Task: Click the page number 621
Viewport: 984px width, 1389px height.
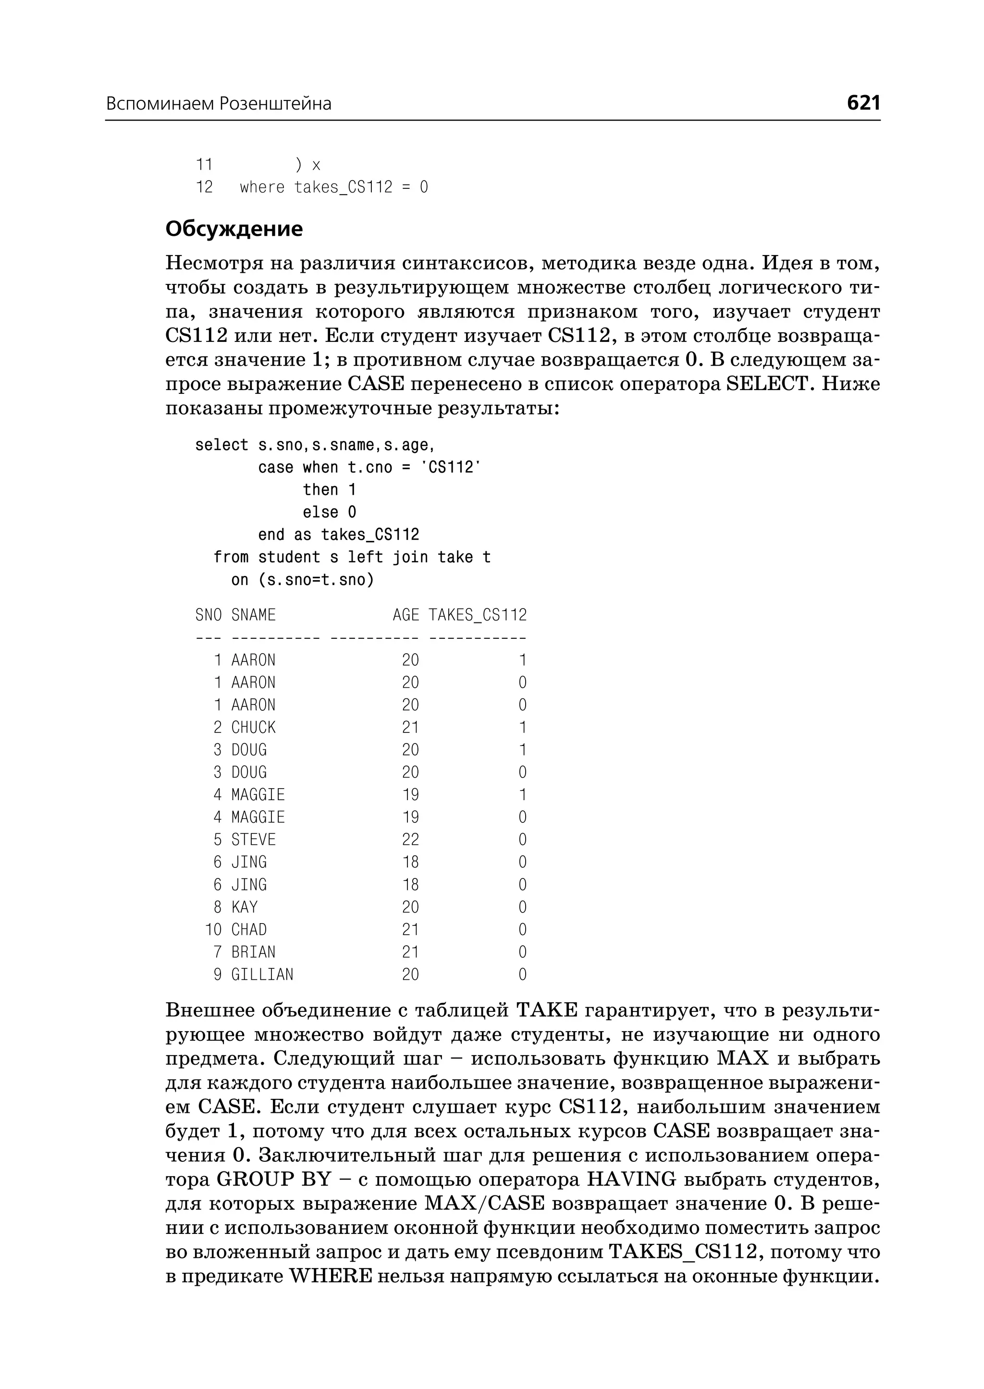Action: pyautogui.click(x=863, y=103)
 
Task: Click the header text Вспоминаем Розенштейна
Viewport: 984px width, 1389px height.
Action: pyautogui.click(x=219, y=104)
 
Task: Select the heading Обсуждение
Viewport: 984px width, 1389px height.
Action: pyautogui.click(x=234, y=229)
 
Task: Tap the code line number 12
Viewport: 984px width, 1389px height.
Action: pyautogui.click(x=204, y=187)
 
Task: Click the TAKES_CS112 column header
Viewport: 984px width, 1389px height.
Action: pyautogui.click(x=478, y=615)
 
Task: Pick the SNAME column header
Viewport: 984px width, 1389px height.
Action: pyautogui.click(x=253, y=615)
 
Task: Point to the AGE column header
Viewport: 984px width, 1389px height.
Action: pyautogui.click(x=406, y=615)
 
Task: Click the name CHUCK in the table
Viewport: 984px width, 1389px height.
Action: pyautogui.click(x=253, y=728)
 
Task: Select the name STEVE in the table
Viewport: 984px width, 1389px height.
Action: pyautogui.click(x=253, y=840)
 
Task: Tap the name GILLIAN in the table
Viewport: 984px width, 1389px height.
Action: pyautogui.click(x=262, y=975)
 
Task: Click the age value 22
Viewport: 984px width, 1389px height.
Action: pyautogui.click(x=410, y=840)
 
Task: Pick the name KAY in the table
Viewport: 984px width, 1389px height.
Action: pyautogui.click(x=244, y=907)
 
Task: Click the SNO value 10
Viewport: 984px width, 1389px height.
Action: pyautogui.click(x=213, y=930)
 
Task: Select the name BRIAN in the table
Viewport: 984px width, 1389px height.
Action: pyautogui.click(x=253, y=952)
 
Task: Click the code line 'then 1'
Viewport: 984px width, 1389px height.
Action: pyautogui.click(x=329, y=489)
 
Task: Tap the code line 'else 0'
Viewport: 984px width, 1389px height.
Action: pyautogui.click(x=329, y=512)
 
